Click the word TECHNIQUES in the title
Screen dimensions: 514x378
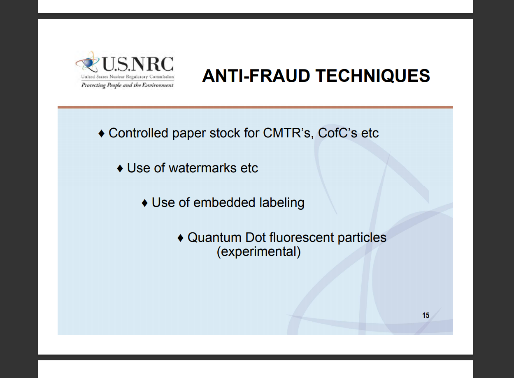(x=372, y=76)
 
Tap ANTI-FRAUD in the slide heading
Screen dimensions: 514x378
(x=256, y=76)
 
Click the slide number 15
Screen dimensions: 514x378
(x=426, y=315)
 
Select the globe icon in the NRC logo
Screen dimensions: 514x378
(x=88, y=62)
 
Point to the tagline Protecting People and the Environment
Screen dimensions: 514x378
(x=127, y=85)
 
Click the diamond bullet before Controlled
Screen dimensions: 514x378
(x=101, y=134)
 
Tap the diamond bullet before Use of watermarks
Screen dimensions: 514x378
(x=120, y=169)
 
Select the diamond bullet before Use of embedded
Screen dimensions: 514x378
(x=144, y=203)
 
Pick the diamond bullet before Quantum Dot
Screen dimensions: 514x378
(x=181, y=238)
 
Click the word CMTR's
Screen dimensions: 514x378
(x=288, y=133)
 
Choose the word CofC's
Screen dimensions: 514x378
(x=337, y=133)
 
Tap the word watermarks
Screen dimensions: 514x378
(x=202, y=168)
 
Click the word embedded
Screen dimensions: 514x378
(x=224, y=202)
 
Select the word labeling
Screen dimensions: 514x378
(x=282, y=203)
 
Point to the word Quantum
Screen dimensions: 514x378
(x=214, y=237)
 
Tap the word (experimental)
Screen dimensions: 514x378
(x=258, y=252)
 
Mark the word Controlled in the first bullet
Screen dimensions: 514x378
(x=138, y=133)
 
